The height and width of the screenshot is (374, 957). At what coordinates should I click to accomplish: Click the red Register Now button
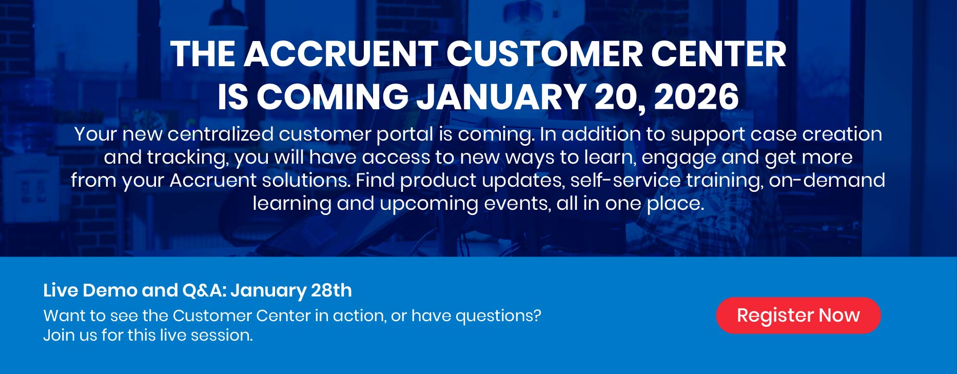tap(798, 316)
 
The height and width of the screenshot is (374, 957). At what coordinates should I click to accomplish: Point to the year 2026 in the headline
tap(696, 96)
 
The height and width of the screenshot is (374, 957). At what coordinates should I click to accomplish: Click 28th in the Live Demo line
tap(331, 290)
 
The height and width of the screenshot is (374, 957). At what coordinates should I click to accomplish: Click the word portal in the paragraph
tap(405, 134)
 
